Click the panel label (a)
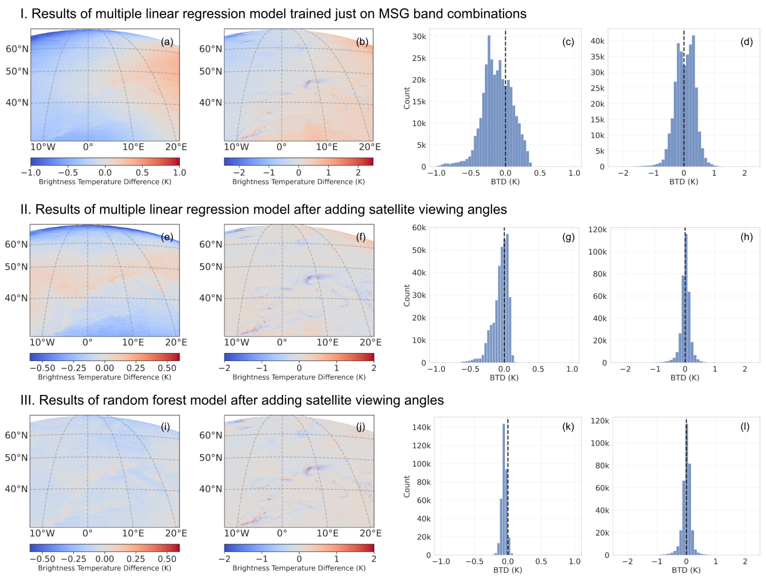(x=167, y=42)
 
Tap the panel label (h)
(x=746, y=237)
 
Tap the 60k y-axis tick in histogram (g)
(x=419, y=228)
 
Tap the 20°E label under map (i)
(x=176, y=533)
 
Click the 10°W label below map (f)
(x=236, y=342)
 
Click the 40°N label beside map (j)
(x=210, y=489)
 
